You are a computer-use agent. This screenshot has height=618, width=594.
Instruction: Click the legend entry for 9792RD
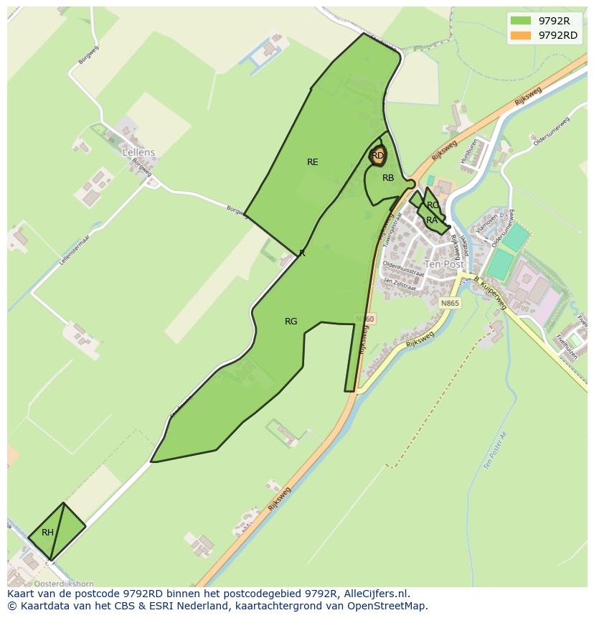coord(557,35)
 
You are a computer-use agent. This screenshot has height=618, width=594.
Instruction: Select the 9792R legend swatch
coord(521,21)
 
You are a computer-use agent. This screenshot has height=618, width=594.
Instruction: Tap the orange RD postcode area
coord(378,155)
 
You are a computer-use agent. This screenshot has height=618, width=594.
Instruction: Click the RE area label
coord(312,162)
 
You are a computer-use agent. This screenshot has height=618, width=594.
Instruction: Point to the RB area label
coord(388,178)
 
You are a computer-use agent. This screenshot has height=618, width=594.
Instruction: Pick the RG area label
coord(291,322)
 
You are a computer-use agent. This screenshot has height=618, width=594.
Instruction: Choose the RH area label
coord(47,533)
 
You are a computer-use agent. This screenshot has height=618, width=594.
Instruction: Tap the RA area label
coord(432,220)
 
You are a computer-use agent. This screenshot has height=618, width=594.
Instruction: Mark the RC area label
coord(433,206)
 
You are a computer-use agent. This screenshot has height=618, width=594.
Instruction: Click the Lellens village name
coord(138,153)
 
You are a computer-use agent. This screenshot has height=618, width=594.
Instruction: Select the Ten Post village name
coord(444,264)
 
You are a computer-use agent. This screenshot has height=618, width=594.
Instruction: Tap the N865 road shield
coord(450,304)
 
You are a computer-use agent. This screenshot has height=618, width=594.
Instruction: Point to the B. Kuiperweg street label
coord(490,294)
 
